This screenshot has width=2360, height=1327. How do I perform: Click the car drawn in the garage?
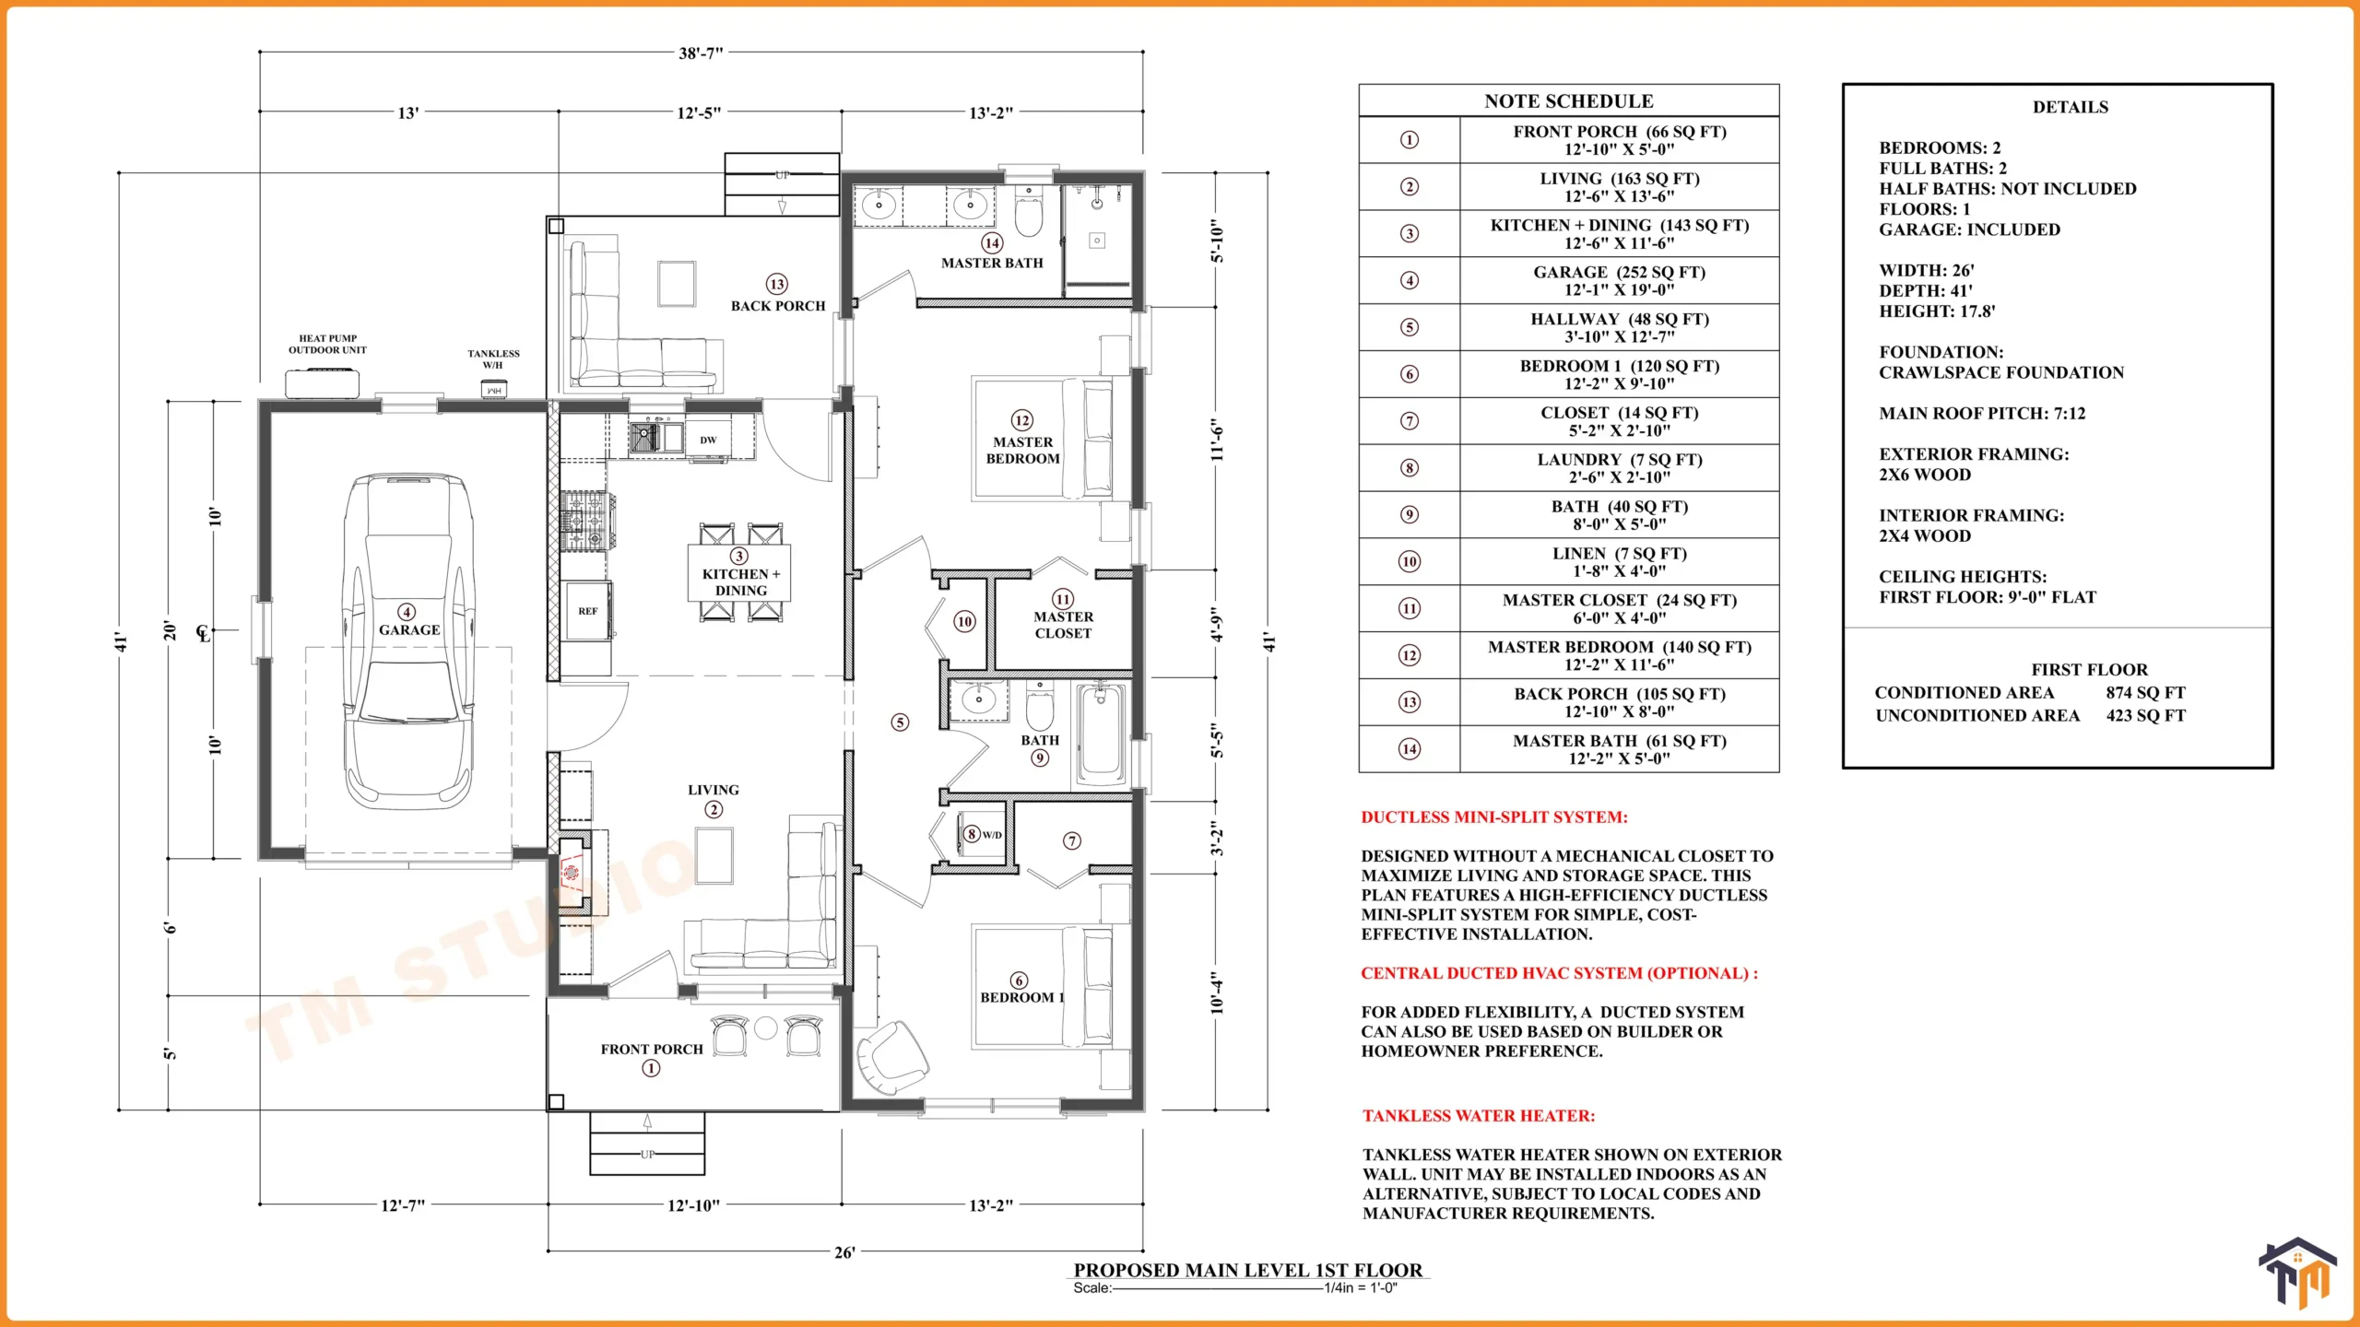tap(408, 642)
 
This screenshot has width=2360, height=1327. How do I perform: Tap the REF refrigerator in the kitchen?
tap(588, 611)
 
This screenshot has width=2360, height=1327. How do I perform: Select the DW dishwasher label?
tap(708, 440)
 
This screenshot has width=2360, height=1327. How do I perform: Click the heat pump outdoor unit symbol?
tap(321, 382)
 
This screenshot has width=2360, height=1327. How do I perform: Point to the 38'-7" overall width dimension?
tap(701, 53)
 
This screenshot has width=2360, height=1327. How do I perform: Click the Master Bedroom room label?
tap(1022, 450)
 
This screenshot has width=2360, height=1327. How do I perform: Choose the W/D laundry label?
tap(992, 835)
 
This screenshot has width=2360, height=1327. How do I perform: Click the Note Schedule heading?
tap(1568, 101)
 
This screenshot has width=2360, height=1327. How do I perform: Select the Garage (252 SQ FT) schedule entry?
tap(1619, 280)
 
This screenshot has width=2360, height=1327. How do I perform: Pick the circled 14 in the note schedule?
tap(1410, 749)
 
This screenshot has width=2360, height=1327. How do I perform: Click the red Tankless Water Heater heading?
tap(1479, 1116)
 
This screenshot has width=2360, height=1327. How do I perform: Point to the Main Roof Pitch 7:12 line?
tap(1982, 414)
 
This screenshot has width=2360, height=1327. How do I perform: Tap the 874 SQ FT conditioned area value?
tap(2145, 693)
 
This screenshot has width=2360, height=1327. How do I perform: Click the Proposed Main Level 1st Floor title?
tap(1248, 1270)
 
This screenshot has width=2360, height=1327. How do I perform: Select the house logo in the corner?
tap(2298, 1273)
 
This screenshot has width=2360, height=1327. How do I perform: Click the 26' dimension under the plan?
tap(844, 1252)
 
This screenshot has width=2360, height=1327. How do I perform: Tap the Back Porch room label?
tap(778, 306)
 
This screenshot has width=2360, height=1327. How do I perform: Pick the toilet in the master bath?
tap(1029, 211)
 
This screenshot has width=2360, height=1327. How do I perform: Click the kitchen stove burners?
tap(585, 521)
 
